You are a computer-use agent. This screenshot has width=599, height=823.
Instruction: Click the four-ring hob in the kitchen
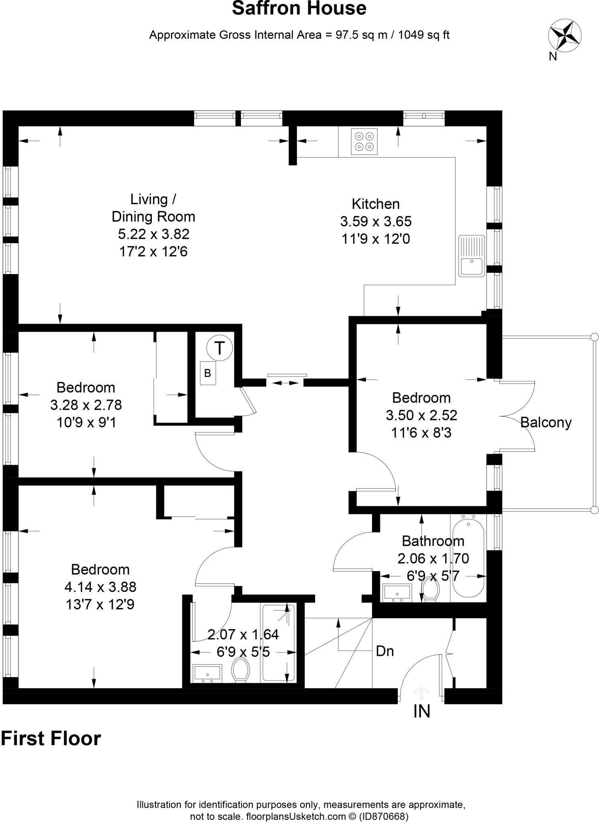coord(364,141)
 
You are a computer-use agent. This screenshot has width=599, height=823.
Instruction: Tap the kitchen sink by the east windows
coord(472,256)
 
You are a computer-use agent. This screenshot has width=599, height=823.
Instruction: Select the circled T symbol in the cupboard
coord(219,348)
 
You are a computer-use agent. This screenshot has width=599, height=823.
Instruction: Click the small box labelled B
coord(208,373)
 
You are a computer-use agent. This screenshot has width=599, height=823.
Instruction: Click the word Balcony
coord(546,422)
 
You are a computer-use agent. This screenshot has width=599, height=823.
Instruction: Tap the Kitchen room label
coord(376,204)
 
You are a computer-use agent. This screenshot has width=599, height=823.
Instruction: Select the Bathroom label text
coord(433,541)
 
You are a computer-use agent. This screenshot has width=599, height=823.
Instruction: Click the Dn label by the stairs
coord(384,651)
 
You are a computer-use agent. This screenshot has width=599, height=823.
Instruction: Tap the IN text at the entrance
coord(421,711)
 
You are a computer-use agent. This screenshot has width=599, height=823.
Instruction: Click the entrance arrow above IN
coord(421,690)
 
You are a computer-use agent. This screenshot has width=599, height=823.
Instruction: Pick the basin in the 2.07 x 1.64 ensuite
coord(207,673)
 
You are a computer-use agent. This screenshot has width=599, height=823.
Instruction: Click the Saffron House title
coord(299,8)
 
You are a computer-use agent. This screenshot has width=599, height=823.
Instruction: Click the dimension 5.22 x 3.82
coord(153,234)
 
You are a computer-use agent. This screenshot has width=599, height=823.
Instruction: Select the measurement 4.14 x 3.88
coord(100,587)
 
